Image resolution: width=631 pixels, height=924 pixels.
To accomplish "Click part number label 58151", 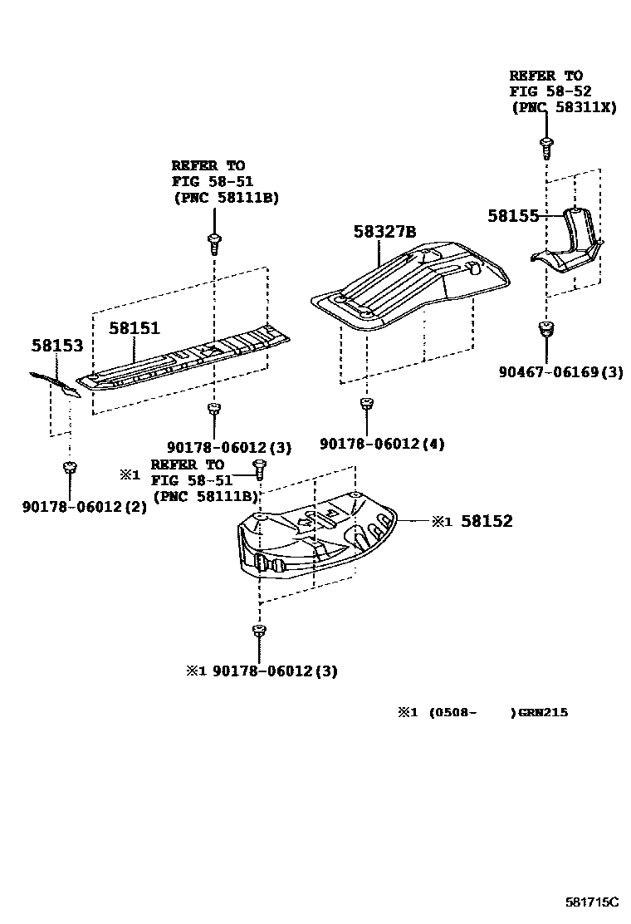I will click(135, 328).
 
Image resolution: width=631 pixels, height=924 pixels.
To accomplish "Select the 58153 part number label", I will click(57, 345).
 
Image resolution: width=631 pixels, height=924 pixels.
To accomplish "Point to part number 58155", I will click(513, 215).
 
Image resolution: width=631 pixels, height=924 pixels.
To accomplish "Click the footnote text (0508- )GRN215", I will click(498, 712).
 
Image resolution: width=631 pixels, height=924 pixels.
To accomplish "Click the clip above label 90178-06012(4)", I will click(365, 405).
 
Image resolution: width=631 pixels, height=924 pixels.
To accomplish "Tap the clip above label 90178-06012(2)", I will click(70, 469).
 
